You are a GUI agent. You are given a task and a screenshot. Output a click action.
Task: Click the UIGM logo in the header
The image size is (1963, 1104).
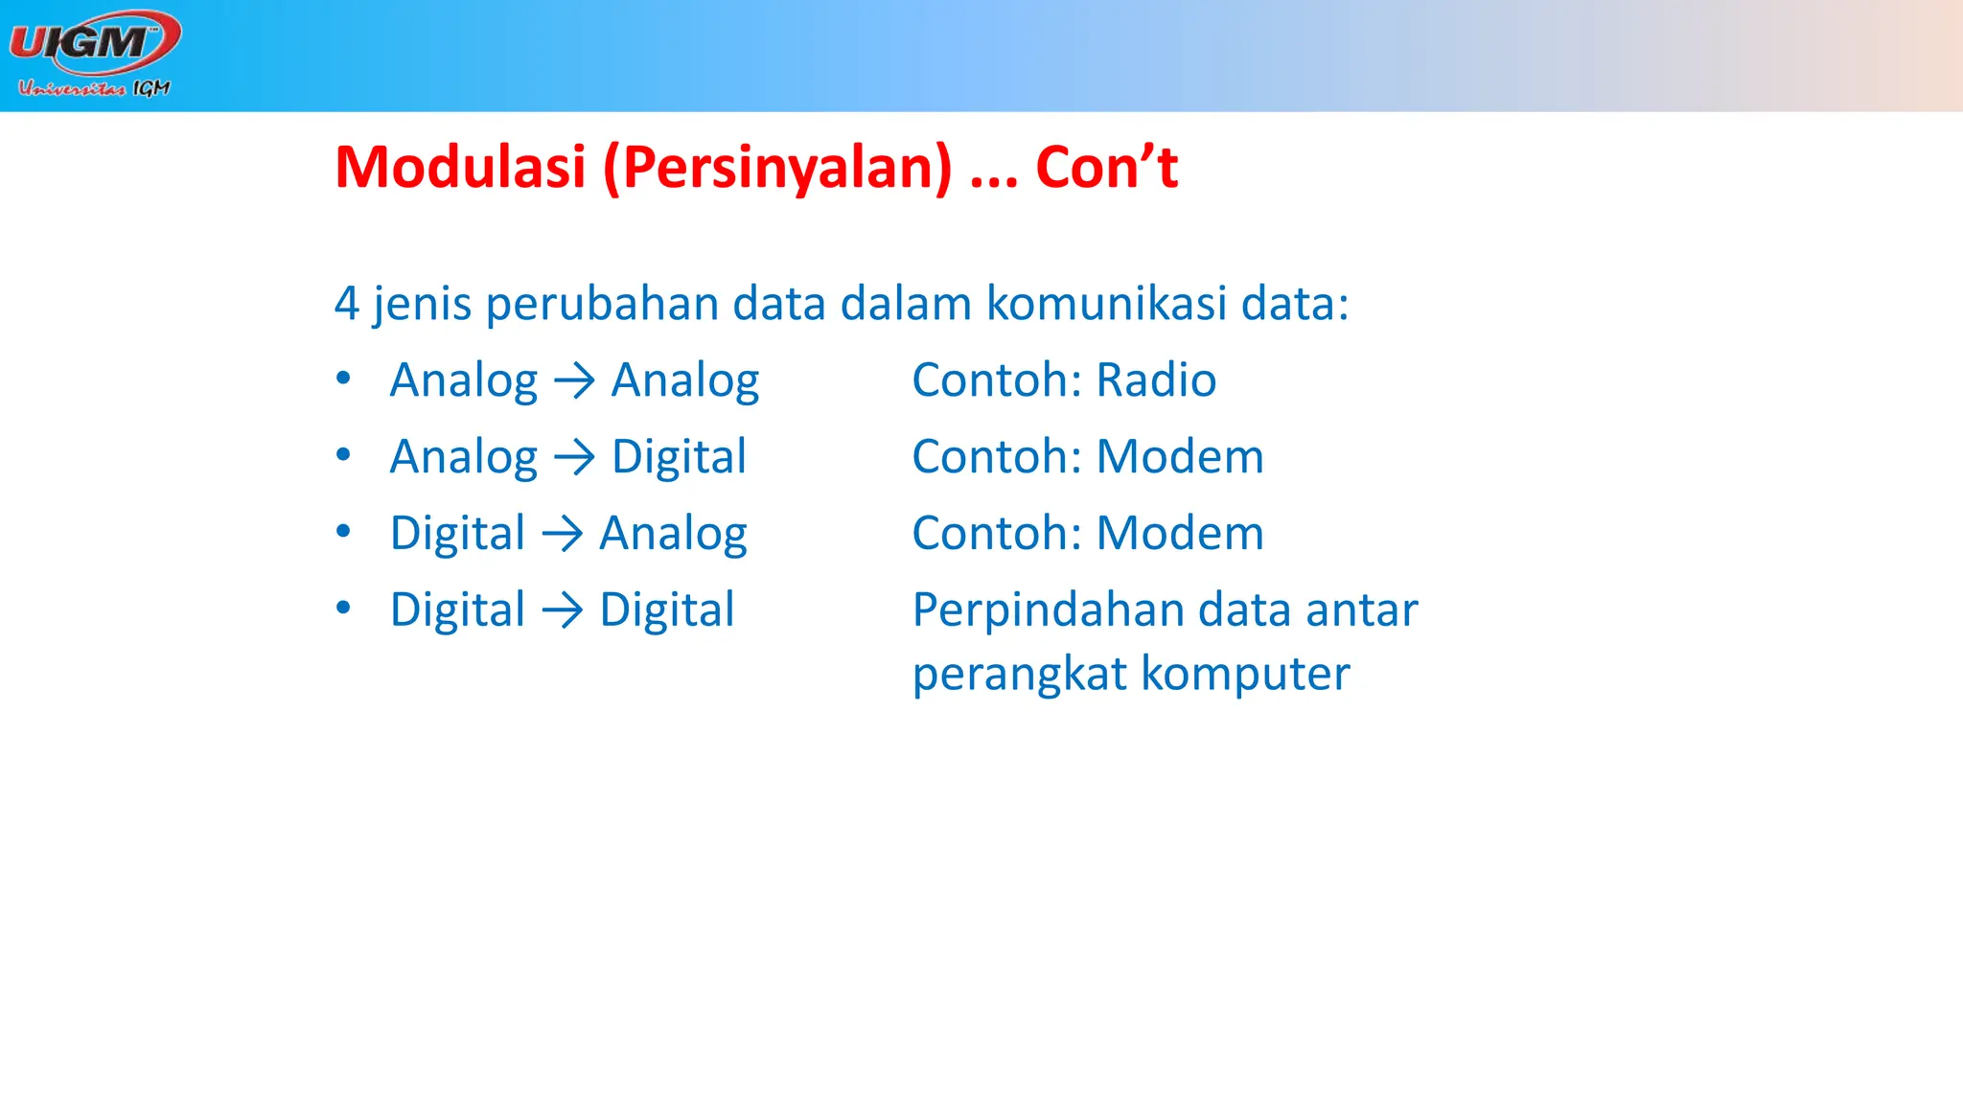(x=94, y=42)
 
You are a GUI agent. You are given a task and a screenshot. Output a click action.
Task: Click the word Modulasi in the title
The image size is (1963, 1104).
(x=460, y=168)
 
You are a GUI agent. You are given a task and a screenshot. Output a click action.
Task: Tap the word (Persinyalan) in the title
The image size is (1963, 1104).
(x=777, y=168)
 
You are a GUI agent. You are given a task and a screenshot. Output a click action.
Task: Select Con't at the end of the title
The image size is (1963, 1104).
(x=1106, y=168)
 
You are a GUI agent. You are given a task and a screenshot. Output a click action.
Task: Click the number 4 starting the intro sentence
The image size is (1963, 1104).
(x=346, y=304)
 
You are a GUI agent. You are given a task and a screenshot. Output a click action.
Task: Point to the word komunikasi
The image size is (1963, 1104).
(x=1106, y=304)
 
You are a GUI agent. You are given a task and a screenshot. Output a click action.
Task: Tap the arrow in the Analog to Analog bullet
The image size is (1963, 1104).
(x=574, y=381)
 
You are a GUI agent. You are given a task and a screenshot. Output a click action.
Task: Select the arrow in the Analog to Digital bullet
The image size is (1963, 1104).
(x=574, y=458)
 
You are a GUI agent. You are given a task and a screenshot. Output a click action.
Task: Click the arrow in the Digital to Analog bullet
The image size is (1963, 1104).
(x=562, y=535)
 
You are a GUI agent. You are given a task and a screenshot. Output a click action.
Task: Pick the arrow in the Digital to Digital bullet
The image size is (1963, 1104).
(x=562, y=611)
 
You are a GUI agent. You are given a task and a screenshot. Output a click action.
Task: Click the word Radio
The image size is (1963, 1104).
(x=1156, y=380)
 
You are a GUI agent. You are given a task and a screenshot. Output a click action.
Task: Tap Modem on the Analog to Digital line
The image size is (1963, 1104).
(x=1180, y=457)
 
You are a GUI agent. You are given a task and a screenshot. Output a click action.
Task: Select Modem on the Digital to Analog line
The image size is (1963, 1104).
(x=1180, y=534)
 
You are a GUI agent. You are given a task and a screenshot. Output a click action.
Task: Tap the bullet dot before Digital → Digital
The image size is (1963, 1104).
(x=343, y=608)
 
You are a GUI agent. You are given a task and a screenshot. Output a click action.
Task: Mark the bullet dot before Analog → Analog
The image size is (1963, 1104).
(x=343, y=378)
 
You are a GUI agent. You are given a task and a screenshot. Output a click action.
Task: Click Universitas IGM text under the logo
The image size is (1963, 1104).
(x=94, y=88)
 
